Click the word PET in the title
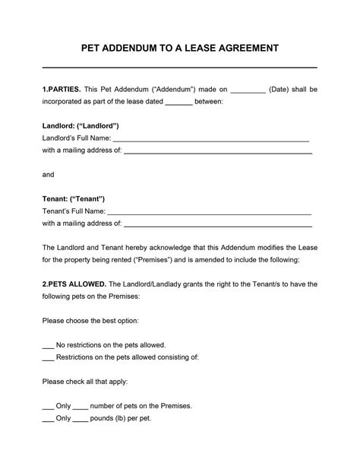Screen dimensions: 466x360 point(93,48)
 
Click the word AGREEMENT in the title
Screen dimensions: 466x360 point(241,48)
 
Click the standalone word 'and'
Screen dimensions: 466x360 point(49,174)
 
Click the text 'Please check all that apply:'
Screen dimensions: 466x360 point(85,381)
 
